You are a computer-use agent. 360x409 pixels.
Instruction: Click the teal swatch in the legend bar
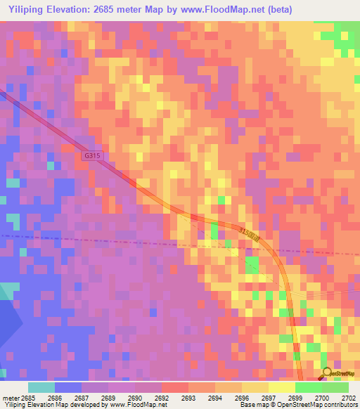(41, 387)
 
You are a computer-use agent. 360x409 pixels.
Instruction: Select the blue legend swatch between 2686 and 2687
(67, 387)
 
